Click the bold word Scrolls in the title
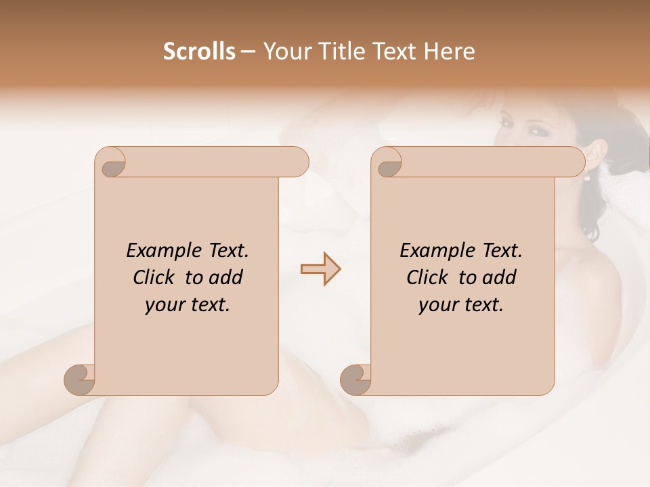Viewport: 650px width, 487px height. pyautogui.click(x=200, y=51)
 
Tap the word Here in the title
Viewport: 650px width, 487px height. pyautogui.click(x=450, y=51)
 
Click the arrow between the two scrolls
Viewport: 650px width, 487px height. pyautogui.click(x=321, y=269)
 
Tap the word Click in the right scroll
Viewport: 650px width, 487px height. pyautogui.click(x=427, y=278)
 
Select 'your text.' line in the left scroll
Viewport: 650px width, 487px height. pyautogui.click(x=188, y=305)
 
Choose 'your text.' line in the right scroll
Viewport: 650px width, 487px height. pyautogui.click(x=461, y=305)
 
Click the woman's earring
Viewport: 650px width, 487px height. pyautogui.click(x=588, y=179)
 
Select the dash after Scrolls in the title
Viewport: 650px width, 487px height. pyautogui.click(x=248, y=51)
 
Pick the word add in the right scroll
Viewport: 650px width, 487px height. pyautogui.click(x=498, y=278)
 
